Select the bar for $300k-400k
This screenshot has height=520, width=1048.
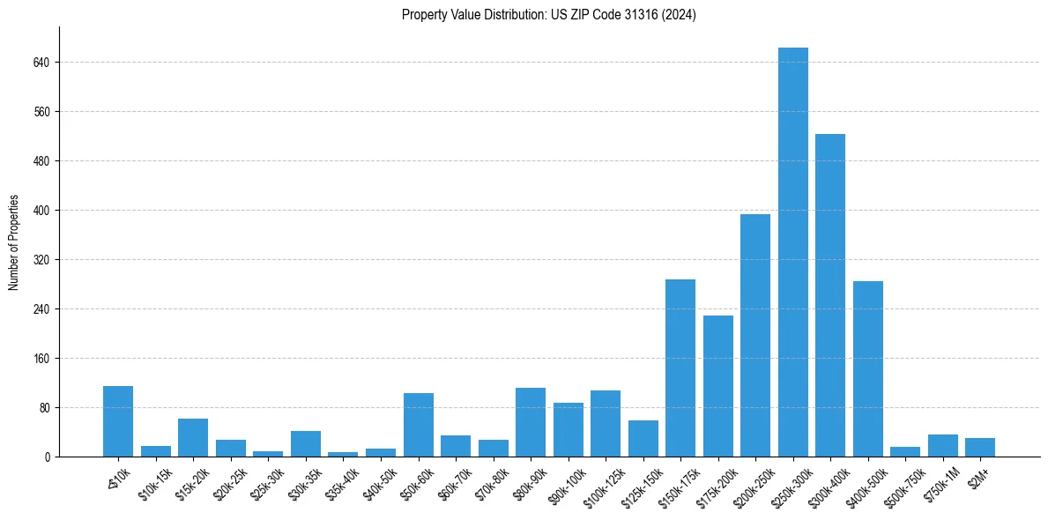tap(830, 295)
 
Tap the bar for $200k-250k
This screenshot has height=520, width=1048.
tap(755, 335)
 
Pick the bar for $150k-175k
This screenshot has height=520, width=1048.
tap(680, 368)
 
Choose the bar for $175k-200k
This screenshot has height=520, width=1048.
tap(717, 386)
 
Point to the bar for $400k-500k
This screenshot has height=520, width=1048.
tap(867, 368)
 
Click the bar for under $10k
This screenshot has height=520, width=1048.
tap(118, 421)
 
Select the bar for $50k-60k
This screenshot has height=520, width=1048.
tap(418, 425)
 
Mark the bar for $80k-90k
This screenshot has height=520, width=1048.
tap(531, 422)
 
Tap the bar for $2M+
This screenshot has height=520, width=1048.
tap(980, 447)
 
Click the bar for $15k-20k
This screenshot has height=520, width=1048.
tap(193, 437)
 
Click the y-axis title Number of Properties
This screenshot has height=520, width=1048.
tap(14, 241)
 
